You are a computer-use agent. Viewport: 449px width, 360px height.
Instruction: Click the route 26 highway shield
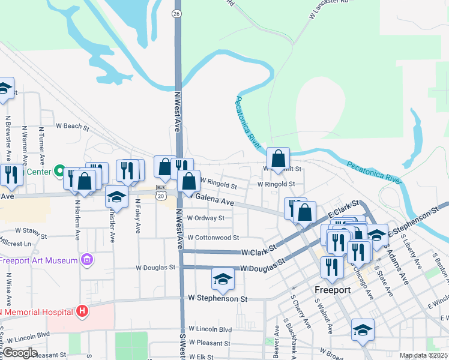[176, 13]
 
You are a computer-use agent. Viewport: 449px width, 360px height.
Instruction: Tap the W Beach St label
[72, 127]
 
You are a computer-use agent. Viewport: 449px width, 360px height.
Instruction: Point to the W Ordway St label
[206, 218]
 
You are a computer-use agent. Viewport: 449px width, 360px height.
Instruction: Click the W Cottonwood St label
[213, 238]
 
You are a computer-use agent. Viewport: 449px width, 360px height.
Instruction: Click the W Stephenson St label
[217, 298]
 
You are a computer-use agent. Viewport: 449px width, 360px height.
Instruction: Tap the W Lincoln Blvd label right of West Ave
[210, 329]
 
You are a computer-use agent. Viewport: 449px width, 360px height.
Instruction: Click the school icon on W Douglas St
[222, 278]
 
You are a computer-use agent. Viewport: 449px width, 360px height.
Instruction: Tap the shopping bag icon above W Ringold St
[279, 159]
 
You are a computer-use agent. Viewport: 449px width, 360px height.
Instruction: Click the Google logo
[19, 353]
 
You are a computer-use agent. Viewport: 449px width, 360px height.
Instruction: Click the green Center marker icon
[59, 172]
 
